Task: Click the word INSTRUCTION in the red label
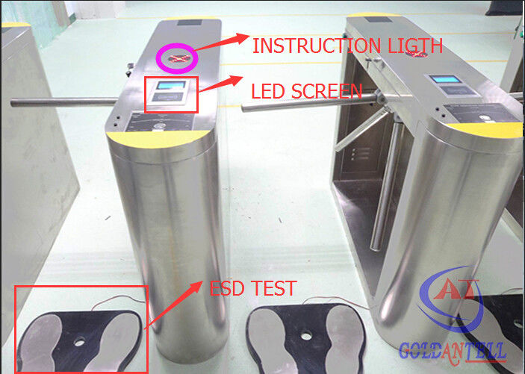(316, 46)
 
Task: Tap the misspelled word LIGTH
(415, 45)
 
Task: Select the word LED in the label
(267, 91)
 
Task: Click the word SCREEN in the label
(326, 91)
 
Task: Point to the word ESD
(227, 288)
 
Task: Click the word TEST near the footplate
(273, 288)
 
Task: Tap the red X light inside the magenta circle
(178, 58)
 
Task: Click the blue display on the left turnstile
(171, 85)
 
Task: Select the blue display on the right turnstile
(446, 79)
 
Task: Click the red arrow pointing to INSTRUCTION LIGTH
(222, 43)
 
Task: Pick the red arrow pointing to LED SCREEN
(220, 84)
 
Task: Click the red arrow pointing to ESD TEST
(173, 305)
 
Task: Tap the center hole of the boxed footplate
(79, 342)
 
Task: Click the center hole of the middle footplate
(305, 335)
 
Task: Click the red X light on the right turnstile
(417, 54)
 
